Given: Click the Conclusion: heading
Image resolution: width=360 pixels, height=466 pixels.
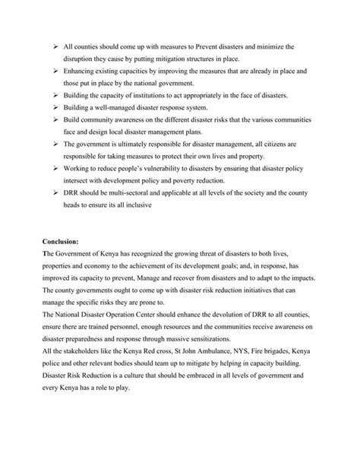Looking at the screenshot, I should coord(62,241).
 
